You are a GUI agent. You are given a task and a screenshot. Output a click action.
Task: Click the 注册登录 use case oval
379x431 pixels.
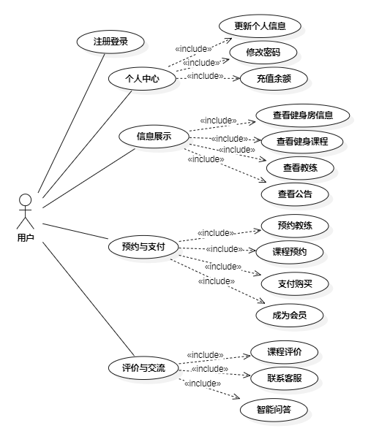pos(110,42)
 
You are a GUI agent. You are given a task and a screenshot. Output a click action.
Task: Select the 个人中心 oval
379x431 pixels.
pos(142,79)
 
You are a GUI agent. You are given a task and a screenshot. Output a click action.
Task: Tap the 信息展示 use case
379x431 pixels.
pos(154,137)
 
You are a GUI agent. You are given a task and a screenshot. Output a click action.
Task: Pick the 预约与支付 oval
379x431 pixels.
pos(143,247)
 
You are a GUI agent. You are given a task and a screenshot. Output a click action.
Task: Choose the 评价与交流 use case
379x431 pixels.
pos(143,367)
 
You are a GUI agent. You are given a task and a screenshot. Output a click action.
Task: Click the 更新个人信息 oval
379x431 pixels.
pos(260,26)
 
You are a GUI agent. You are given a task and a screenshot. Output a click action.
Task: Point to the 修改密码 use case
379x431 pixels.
pos(263,52)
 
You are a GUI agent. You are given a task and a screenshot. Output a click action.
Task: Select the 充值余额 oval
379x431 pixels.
pos(274,79)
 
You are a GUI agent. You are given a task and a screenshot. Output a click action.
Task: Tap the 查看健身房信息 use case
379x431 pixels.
pos(303,115)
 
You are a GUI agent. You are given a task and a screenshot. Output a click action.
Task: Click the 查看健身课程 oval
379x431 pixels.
pos(302,142)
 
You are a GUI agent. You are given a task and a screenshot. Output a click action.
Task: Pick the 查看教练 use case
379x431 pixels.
pos(300,168)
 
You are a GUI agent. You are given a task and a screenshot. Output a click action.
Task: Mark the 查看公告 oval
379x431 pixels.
pos(295,194)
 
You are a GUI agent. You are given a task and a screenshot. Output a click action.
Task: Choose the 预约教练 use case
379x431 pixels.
pos(295,226)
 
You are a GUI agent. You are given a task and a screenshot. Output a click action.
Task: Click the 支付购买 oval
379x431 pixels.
pos(295,283)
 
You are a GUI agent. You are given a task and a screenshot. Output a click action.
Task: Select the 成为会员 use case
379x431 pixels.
pos(290,316)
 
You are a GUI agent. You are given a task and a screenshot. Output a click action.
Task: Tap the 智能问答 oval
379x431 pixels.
pos(274,410)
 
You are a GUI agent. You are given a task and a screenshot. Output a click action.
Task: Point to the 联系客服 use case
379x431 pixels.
pos(285,378)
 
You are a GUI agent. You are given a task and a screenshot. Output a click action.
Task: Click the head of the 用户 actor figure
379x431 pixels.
pos(25,200)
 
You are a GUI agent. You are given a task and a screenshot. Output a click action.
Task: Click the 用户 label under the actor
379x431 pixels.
pos(26,237)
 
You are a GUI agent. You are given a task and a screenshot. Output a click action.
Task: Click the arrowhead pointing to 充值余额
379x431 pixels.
pos(236,79)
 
